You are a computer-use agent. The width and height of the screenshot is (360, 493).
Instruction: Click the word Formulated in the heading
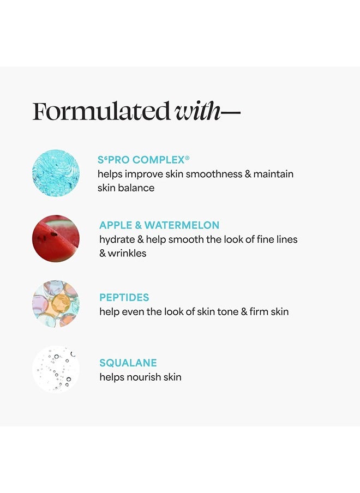(101, 111)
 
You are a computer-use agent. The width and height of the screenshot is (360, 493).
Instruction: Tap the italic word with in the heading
(197, 111)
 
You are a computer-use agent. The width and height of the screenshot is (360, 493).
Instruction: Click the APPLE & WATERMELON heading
(159, 225)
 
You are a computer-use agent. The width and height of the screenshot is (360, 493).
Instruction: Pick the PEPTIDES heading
(124, 298)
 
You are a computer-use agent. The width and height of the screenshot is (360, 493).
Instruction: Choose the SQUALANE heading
(128, 363)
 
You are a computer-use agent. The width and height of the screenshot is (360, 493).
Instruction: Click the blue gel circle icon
(56, 173)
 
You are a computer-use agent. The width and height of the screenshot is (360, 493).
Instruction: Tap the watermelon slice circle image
(56, 238)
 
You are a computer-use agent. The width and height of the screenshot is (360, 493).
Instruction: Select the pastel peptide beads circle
(56, 304)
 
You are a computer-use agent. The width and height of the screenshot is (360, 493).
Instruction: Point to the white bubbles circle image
(56, 369)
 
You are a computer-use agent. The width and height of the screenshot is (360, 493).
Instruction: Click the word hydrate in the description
(117, 239)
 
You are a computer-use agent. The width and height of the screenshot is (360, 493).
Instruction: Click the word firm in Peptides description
(260, 312)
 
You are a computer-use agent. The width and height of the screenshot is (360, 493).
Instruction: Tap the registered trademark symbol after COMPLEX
(187, 158)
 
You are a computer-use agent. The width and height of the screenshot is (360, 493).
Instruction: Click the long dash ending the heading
(231, 113)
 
